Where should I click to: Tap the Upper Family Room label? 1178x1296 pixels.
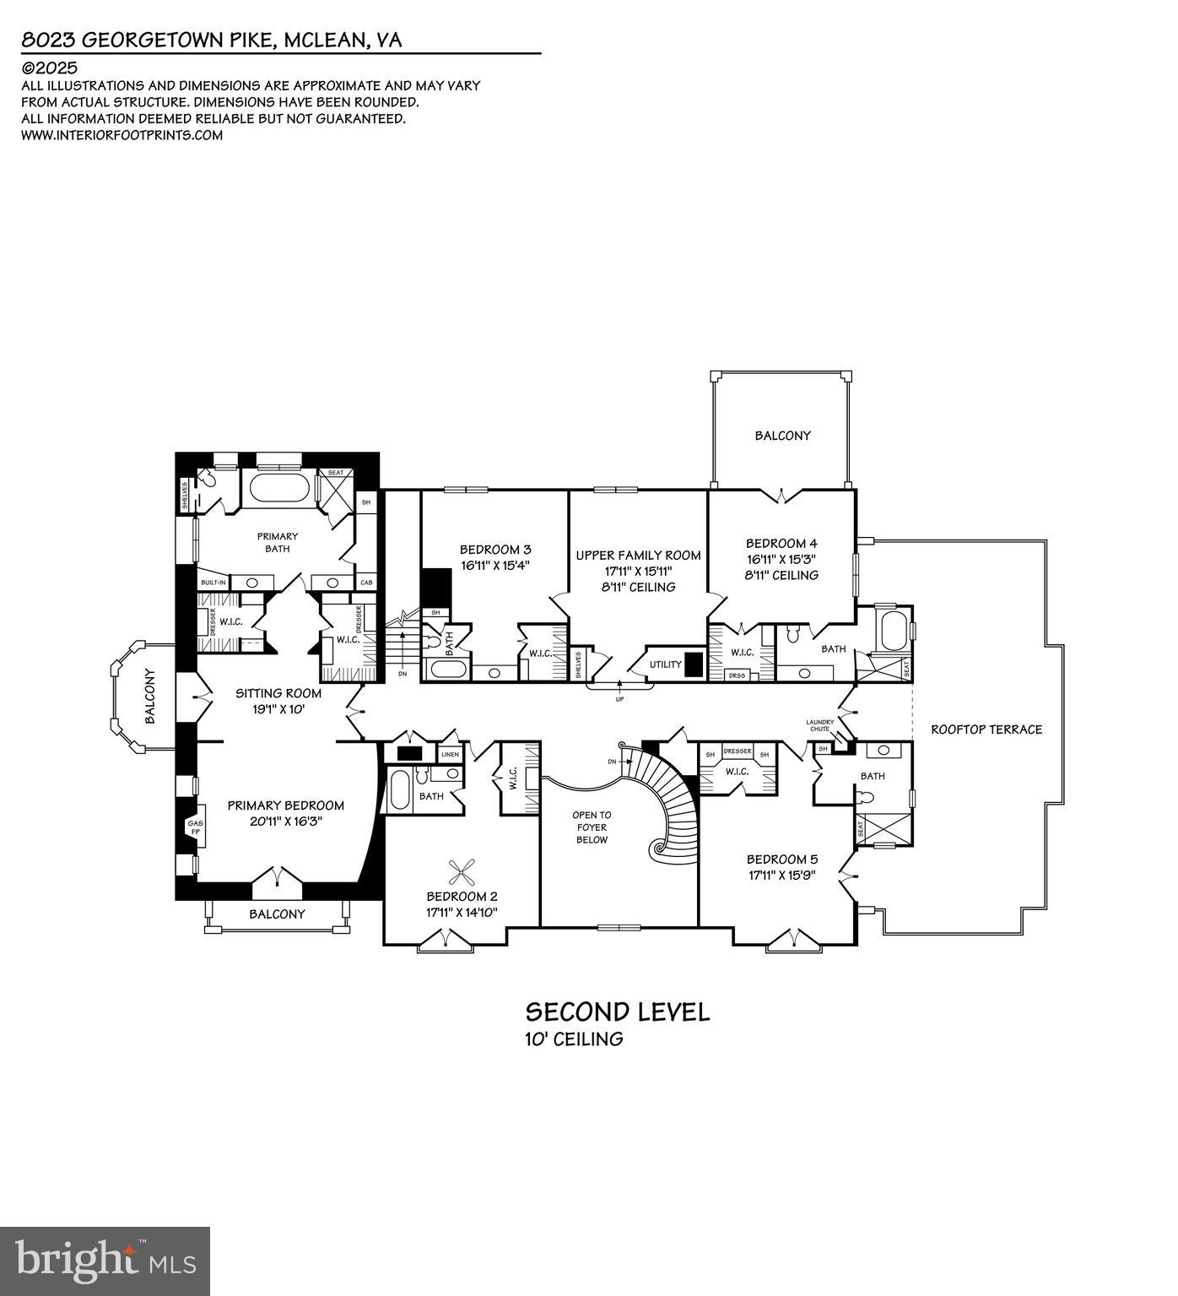pyautogui.click(x=638, y=555)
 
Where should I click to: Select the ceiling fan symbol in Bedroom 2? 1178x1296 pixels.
pyautogui.click(x=462, y=870)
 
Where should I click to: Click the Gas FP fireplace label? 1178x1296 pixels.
pyautogui.click(x=195, y=827)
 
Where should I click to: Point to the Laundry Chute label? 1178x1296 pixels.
pyautogui.click(x=819, y=725)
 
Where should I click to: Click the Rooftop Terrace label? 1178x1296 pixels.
pyautogui.click(x=986, y=729)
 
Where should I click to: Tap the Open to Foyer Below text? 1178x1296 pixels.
pyautogui.click(x=592, y=827)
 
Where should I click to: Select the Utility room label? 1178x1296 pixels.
pyautogui.click(x=665, y=664)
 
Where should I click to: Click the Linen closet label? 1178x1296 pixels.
pyautogui.click(x=450, y=754)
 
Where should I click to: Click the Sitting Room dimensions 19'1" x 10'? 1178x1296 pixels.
pyautogui.click(x=278, y=709)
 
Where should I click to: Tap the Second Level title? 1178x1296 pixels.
pyautogui.click(x=617, y=1011)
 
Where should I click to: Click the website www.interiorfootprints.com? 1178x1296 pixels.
pyautogui.click(x=122, y=135)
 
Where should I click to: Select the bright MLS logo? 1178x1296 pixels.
pyautogui.click(x=105, y=1261)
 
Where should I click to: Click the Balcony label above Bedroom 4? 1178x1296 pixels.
pyautogui.click(x=781, y=436)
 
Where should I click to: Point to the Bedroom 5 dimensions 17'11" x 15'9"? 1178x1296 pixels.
pyautogui.click(x=781, y=875)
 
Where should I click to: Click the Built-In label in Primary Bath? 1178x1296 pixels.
pyautogui.click(x=213, y=583)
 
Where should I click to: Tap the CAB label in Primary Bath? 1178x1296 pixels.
pyautogui.click(x=366, y=583)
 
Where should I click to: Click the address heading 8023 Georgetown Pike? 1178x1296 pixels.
pyautogui.click(x=211, y=40)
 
